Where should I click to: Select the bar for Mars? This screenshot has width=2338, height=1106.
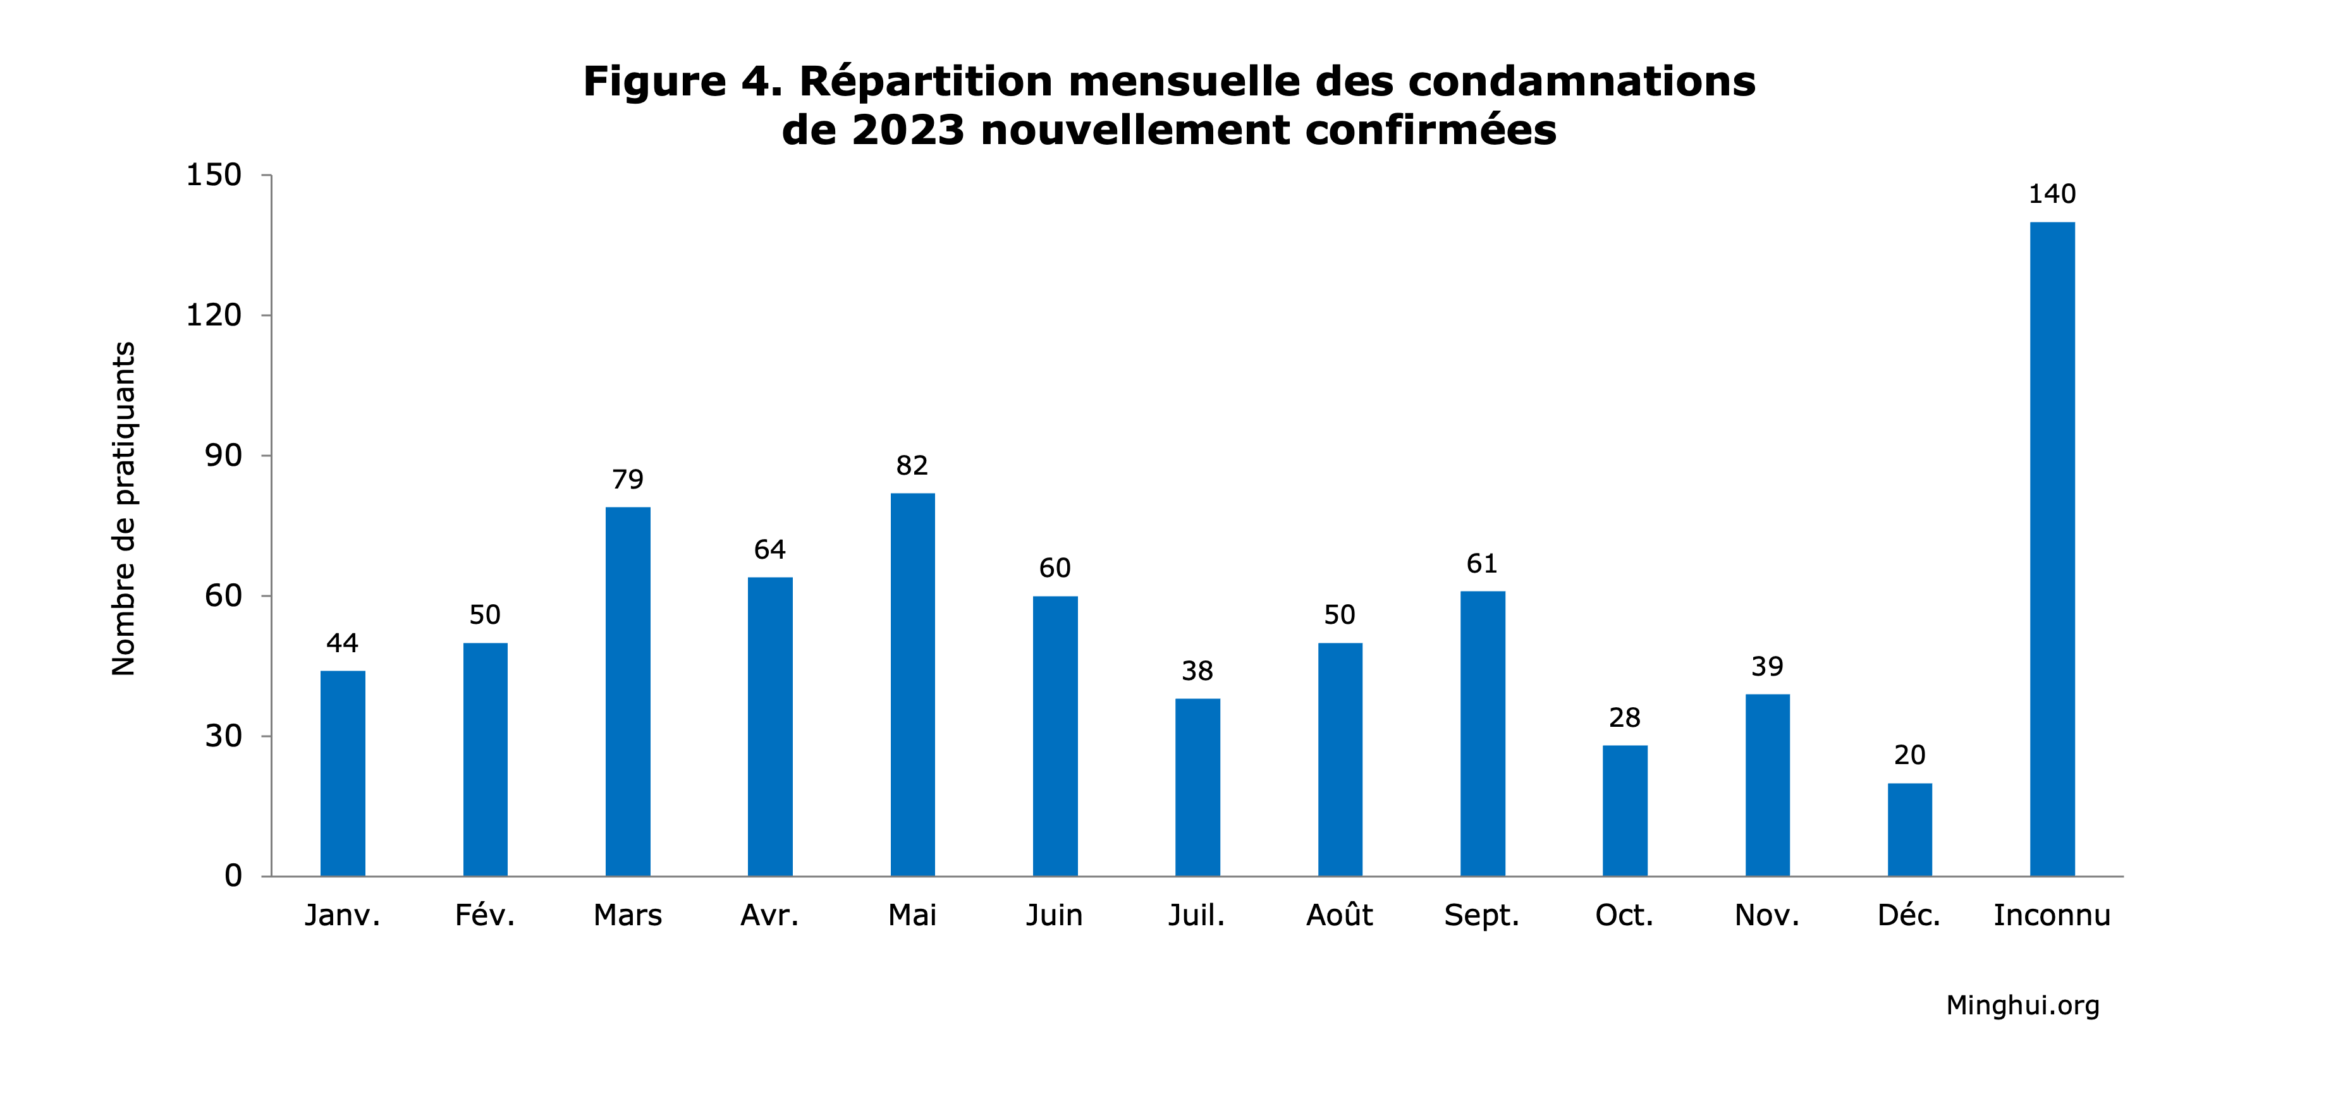(627, 691)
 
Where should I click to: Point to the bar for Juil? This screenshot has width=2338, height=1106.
(1197, 787)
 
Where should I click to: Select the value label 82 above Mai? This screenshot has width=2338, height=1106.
(912, 465)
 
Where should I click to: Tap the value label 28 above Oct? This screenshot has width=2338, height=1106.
(1625, 718)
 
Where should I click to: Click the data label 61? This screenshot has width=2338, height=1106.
(1482, 564)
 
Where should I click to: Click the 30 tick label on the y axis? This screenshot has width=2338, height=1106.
(223, 736)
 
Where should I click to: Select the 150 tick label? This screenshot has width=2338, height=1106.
(214, 174)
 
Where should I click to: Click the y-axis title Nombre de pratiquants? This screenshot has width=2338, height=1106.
(123, 508)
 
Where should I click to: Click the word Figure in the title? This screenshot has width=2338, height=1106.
(654, 81)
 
